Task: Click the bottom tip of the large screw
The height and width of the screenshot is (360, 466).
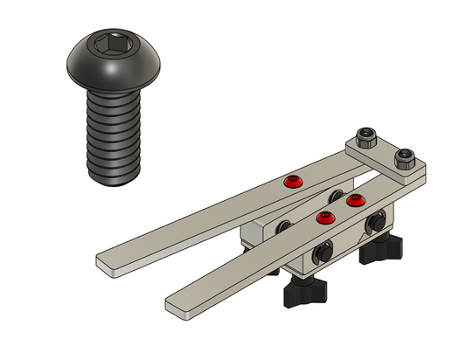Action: [x=115, y=181]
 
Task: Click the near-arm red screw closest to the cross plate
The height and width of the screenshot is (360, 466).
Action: [x=354, y=201]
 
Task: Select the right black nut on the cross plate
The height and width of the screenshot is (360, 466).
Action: [x=403, y=159]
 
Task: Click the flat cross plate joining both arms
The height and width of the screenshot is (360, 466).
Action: [x=386, y=158]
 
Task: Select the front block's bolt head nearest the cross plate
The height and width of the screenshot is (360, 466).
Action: [x=379, y=221]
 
